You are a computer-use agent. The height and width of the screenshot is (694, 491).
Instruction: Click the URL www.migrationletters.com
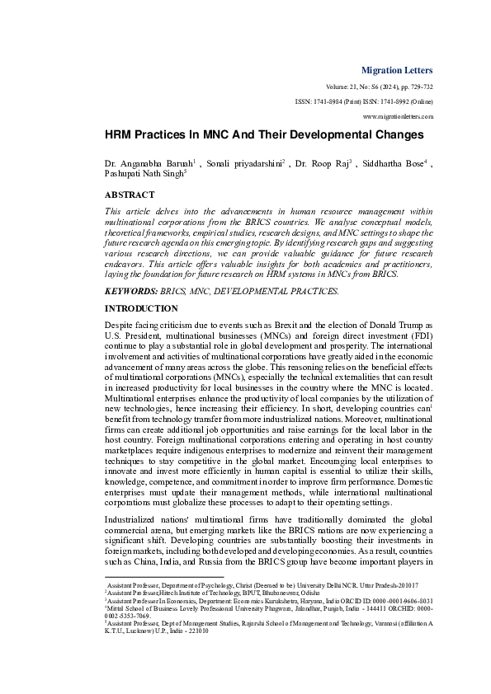(x=398, y=117)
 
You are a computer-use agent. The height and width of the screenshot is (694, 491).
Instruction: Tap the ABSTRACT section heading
(x=130, y=195)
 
